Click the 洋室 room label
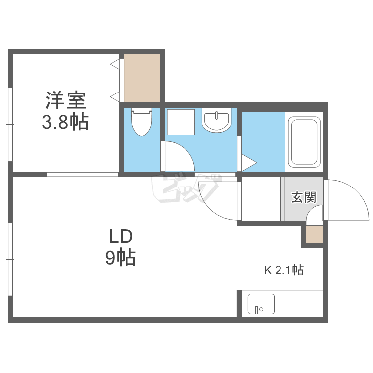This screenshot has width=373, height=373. pos(66,100)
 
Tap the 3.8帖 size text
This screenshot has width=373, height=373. pos(65,122)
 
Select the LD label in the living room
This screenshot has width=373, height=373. pos(121,236)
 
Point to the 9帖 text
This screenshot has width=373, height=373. pos(120,257)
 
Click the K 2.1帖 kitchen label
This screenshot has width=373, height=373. pos(284,270)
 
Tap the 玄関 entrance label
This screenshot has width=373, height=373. pos(304,197)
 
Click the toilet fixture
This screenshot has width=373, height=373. pos(142,121)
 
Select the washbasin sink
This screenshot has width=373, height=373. pos(216,120)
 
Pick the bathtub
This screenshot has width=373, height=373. pos(304,142)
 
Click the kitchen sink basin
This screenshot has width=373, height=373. pos(261,304)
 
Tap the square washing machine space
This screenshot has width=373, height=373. pos(181,122)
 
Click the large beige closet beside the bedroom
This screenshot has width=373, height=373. pos(142,78)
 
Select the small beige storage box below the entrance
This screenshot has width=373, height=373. pos(314,234)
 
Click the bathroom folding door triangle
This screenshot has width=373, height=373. pos(249,163)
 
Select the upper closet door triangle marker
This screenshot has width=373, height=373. pos(115,64)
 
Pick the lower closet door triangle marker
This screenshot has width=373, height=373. pos(115,97)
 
